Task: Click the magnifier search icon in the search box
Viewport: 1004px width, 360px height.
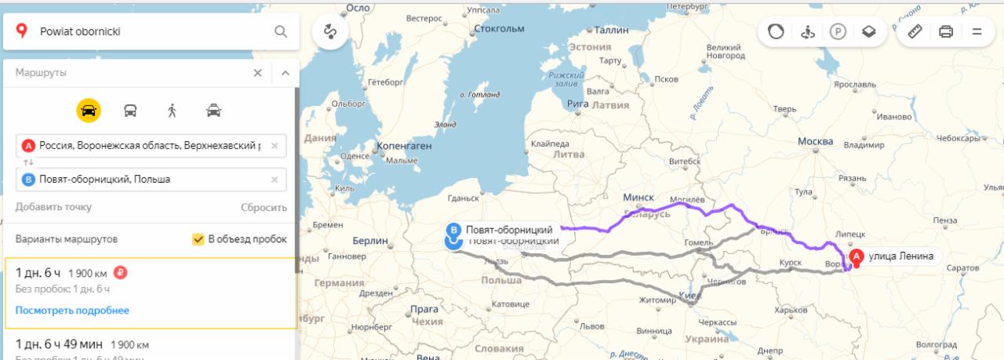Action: click(280, 32)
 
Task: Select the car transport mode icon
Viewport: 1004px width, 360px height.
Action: click(89, 111)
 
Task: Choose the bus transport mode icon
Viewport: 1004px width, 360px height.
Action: click(130, 111)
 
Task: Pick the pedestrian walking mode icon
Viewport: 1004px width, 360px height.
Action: click(172, 111)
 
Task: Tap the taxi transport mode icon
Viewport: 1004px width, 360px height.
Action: click(213, 111)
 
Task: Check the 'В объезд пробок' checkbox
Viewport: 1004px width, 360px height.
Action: click(198, 239)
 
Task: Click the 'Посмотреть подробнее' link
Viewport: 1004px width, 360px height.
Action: click(72, 311)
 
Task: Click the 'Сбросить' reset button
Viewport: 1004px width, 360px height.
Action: click(264, 207)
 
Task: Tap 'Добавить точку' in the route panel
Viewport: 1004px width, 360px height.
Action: click(53, 207)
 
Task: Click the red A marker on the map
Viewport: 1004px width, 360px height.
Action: click(857, 256)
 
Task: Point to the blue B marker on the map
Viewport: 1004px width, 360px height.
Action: click(453, 231)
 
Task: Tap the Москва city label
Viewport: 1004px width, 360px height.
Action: click(815, 141)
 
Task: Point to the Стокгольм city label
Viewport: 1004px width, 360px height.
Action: click(499, 29)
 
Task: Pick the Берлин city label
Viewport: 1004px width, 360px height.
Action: click(370, 241)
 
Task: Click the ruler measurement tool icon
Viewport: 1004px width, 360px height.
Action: click(914, 32)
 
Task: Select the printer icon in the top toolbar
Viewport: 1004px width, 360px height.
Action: click(946, 32)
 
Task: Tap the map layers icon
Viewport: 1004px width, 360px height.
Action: click(869, 32)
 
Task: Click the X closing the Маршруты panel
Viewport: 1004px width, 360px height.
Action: click(257, 73)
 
